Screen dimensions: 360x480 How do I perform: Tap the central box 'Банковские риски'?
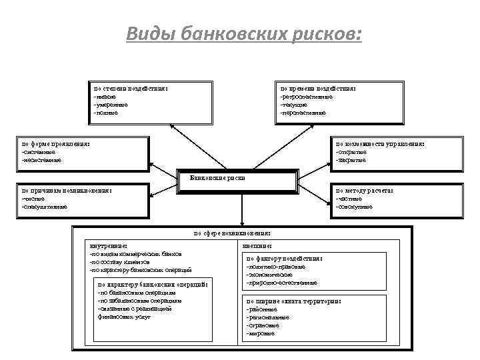click(x=217, y=179)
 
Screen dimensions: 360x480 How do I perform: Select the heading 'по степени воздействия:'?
click(x=130, y=89)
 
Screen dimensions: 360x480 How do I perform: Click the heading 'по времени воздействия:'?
click(x=318, y=89)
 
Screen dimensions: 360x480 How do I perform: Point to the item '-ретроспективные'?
click(x=307, y=97)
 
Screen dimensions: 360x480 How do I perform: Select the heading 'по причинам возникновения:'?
click(x=66, y=191)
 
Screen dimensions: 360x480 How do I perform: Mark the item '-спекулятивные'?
click(x=45, y=207)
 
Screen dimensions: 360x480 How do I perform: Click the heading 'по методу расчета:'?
click(x=365, y=191)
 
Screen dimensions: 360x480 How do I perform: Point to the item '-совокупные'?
click(x=355, y=207)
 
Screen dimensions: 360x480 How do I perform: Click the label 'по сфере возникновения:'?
click(x=232, y=234)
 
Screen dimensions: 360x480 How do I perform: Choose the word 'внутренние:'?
click(x=108, y=246)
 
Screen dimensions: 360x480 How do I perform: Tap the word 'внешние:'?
click(x=257, y=246)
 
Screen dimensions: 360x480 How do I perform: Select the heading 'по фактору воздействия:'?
click(x=285, y=259)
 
